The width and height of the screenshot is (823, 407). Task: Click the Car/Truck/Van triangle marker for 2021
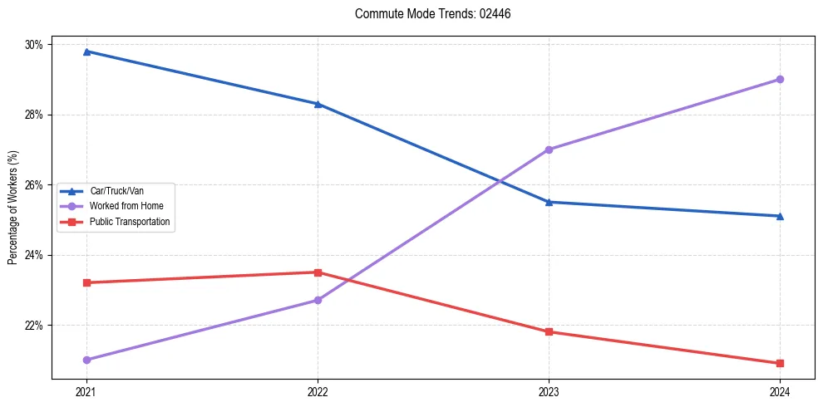tap(86, 51)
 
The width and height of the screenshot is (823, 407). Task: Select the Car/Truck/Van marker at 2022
tap(318, 104)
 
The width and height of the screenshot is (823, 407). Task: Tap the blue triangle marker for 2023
tap(549, 202)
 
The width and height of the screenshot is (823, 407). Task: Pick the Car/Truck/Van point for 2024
tap(780, 216)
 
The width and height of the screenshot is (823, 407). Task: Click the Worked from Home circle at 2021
tap(86, 360)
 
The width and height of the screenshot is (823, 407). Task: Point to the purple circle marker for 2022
tap(318, 300)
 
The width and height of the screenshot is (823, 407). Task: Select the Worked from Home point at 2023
tap(549, 150)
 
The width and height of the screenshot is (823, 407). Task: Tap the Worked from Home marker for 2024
tap(780, 79)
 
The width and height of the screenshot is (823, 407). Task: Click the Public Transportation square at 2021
tap(86, 282)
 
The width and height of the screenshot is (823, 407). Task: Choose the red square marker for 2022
tap(318, 272)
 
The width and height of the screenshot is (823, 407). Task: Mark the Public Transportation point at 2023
tap(549, 331)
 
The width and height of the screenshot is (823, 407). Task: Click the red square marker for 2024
tap(780, 363)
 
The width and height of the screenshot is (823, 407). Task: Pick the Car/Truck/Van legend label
tap(117, 190)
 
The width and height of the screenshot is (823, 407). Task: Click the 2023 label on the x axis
tap(549, 391)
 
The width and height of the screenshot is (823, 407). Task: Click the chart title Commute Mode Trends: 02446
tap(426, 14)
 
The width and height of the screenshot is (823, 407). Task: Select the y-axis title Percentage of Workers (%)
tap(12, 208)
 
